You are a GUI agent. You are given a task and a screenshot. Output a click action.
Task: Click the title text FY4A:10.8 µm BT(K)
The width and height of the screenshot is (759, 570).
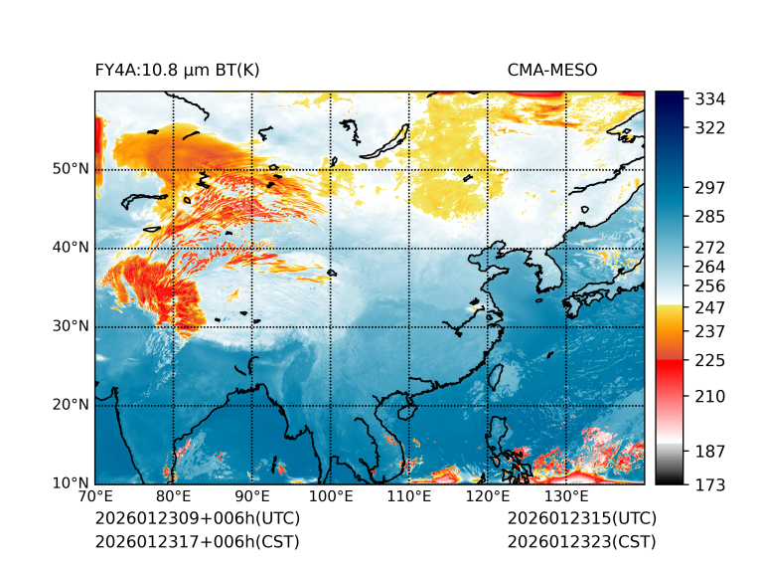coord(177,70)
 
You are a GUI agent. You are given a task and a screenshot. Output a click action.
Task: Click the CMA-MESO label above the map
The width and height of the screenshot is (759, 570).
coord(552,70)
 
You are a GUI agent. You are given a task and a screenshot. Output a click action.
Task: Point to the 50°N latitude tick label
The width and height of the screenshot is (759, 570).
coord(71,169)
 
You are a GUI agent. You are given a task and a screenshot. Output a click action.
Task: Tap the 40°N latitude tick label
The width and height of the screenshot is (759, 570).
coord(71,248)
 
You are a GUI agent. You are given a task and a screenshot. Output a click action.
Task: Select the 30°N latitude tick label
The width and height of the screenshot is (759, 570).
coord(71,326)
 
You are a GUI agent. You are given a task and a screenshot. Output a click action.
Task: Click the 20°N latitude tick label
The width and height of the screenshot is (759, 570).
coord(71,405)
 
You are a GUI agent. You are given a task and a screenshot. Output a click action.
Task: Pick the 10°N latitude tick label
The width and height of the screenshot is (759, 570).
coord(71,483)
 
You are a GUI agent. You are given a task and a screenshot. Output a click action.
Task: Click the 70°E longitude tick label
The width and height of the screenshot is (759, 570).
coord(95,497)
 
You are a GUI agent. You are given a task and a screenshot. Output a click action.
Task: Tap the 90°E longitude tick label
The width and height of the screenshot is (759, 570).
coord(252,497)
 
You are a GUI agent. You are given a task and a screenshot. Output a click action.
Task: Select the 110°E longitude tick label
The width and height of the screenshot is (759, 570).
coord(409,497)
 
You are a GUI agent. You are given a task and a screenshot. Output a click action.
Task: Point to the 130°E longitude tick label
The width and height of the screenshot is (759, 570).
coord(566,497)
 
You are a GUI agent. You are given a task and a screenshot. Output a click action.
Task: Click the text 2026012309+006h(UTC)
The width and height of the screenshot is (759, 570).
coord(197,519)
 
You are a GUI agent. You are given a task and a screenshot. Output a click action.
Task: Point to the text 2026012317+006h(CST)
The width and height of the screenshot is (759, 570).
coord(197,542)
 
